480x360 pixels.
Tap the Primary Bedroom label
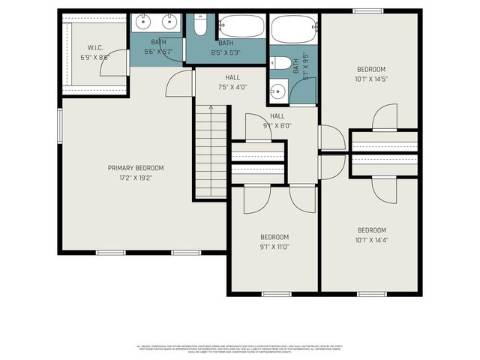135,168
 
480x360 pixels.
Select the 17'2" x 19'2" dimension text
135,178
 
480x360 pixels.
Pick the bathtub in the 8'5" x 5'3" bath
241,27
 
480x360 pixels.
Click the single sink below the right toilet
277,91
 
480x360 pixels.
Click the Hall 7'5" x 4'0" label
232,82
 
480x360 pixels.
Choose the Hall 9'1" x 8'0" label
277,121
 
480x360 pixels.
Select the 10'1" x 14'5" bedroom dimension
370,78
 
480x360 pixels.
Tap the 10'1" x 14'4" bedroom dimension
371,240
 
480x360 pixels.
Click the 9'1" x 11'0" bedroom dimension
274,246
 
